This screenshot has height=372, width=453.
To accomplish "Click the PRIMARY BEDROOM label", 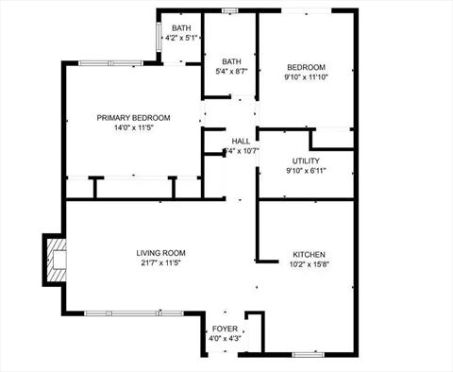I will [x=133, y=117].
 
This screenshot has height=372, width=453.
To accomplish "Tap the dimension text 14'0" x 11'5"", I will [x=133, y=127].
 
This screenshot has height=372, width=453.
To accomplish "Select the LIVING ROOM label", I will [x=160, y=253].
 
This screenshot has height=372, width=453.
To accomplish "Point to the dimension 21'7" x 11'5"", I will [x=160, y=263].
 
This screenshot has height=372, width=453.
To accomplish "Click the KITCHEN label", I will [x=309, y=255].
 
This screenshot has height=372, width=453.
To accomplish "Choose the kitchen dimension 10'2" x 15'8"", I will [x=309, y=265].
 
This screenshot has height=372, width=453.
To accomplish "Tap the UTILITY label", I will [x=306, y=161].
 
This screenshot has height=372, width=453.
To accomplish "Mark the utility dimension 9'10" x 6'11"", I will [x=306, y=171].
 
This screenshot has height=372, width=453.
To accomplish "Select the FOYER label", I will [x=225, y=329].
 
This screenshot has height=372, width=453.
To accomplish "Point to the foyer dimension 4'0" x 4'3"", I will [x=225, y=338].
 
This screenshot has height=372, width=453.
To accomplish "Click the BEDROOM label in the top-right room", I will [x=306, y=67].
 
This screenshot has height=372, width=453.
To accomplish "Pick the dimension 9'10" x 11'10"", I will [x=306, y=77].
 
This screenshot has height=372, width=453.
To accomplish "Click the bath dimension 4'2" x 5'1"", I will [x=182, y=39].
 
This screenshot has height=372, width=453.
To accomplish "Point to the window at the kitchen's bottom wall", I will [x=310, y=354].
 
